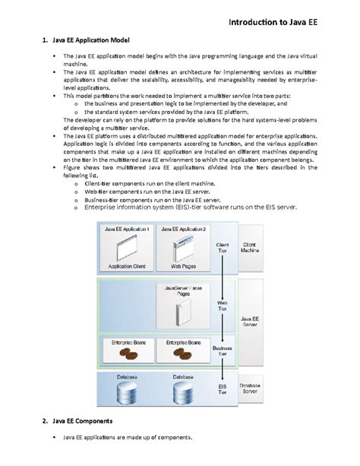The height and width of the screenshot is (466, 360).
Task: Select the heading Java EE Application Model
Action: tap(92, 39)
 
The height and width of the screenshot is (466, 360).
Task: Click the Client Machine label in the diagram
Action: tap(254, 249)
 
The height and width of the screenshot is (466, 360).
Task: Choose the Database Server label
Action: tap(254, 389)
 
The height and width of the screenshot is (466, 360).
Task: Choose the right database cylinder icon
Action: tap(184, 393)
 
